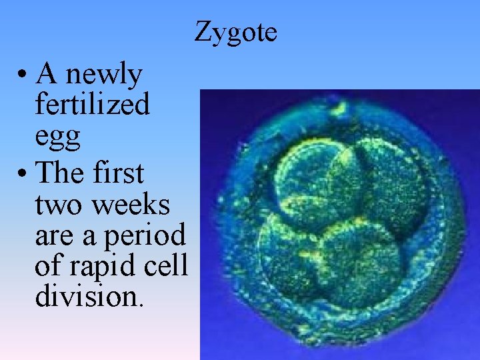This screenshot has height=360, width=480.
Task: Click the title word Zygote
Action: pos(236,32)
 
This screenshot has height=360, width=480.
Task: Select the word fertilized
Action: pos(92,105)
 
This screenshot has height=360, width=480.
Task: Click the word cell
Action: pos(170,265)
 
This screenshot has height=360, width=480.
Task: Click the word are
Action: pos(53,237)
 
